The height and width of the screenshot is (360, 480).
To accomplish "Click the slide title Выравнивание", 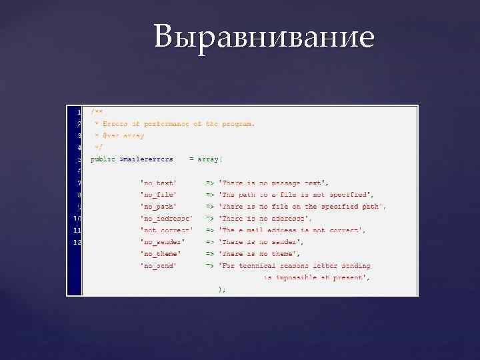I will (264, 37).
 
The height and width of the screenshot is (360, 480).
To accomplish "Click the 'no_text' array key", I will (158, 183).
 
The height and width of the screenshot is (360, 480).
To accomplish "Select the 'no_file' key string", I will (158, 195).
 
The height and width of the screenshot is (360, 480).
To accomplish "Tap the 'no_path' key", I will (158, 207).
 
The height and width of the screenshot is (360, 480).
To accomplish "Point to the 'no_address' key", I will (166, 219).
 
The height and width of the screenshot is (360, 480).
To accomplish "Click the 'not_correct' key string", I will (166, 230).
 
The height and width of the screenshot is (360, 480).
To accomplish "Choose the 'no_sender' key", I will (162, 242).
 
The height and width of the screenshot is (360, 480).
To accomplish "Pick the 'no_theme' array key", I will (160, 254).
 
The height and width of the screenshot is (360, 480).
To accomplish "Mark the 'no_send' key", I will (158, 265).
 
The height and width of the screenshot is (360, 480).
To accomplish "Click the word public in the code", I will (103, 159).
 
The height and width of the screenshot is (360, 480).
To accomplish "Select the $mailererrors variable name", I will (146, 159).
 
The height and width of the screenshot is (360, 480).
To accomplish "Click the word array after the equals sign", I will (215, 159).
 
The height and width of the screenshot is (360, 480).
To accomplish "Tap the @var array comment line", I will (120, 135).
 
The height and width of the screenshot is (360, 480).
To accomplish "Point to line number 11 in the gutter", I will (77, 230).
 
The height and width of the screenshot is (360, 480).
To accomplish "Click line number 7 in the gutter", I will (79, 183).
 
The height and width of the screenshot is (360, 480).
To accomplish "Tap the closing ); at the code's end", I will (221, 289).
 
